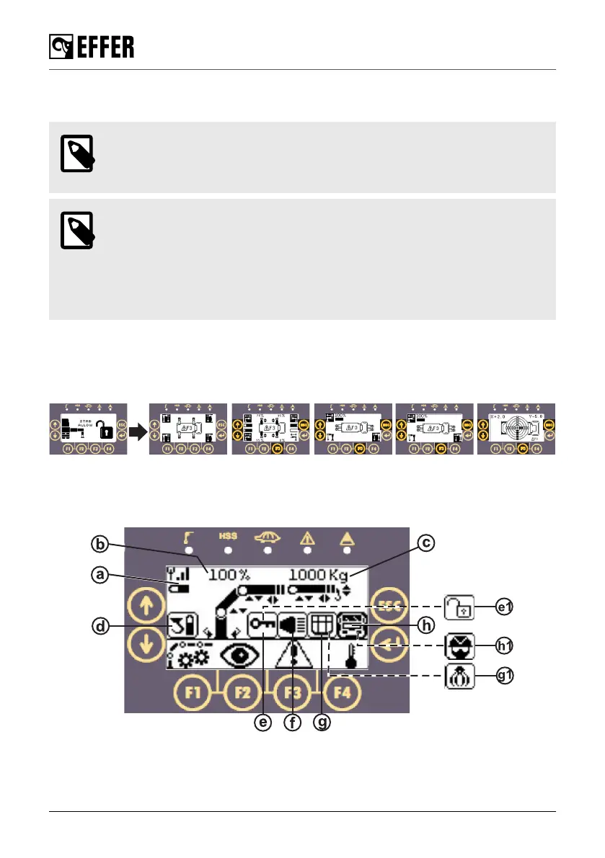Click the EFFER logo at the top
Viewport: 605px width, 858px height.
[92, 48]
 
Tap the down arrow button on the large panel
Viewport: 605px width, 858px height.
[146, 643]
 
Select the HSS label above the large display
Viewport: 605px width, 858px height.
[228, 537]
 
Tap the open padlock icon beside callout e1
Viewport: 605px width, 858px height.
[459, 607]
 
